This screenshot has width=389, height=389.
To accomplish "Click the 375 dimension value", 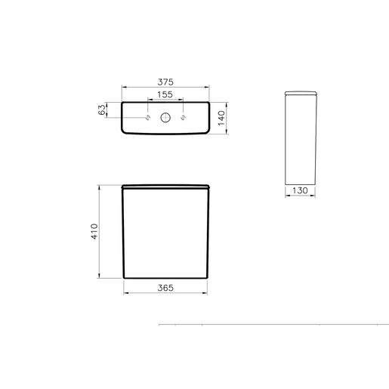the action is [165, 82].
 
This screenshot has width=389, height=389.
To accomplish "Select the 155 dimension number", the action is [165, 94].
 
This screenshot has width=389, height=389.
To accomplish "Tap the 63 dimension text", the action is [102, 110].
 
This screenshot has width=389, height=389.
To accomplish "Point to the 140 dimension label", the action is [221, 118].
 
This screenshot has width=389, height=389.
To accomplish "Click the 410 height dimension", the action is [94, 231].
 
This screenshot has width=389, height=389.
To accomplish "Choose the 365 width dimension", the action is [165, 288].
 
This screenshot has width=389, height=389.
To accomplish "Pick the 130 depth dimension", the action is [300, 190].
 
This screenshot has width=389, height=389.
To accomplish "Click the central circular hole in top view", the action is [165, 118].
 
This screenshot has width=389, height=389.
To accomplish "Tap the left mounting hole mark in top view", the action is [148, 117].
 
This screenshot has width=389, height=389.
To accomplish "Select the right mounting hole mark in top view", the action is [183, 117].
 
